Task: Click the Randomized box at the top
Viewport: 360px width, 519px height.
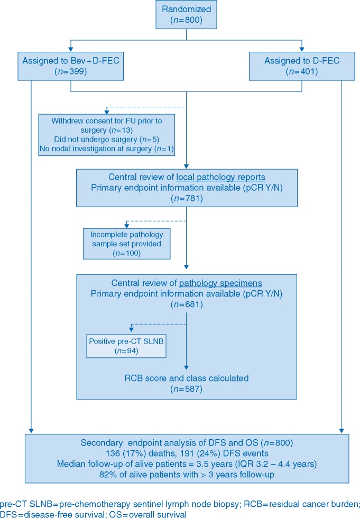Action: pyautogui.click(x=186, y=15)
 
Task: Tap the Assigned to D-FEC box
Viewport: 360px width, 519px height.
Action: pyautogui.click(x=301, y=66)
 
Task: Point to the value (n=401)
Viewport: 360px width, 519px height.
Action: pyautogui.click(x=301, y=71)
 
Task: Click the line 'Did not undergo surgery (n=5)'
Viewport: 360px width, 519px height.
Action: pyautogui.click(x=106, y=140)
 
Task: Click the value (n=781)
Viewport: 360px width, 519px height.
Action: pyautogui.click(x=186, y=197)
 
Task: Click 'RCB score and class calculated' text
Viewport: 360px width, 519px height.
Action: pyautogui.click(x=186, y=378)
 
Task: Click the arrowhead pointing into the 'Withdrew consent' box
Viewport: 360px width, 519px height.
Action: pyautogui.click(x=106, y=111)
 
